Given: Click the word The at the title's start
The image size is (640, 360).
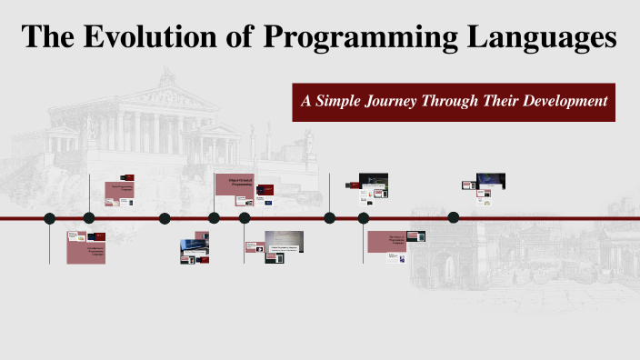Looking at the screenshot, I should (48, 37).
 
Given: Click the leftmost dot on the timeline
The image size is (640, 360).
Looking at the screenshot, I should (50, 218).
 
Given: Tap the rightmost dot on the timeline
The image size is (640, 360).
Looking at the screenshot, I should (454, 218).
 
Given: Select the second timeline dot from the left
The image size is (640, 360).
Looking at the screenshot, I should (89, 218).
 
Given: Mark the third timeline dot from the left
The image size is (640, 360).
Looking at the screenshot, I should (165, 218).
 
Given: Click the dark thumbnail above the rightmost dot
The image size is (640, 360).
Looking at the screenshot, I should (491, 181).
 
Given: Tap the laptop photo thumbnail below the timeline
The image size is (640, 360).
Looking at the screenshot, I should (194, 246).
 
